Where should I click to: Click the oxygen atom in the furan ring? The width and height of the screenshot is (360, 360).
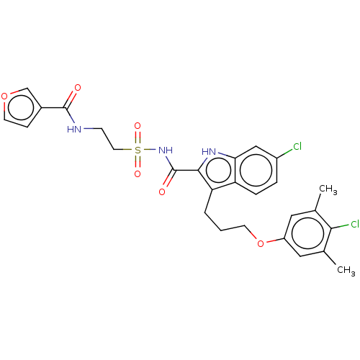click(4, 96)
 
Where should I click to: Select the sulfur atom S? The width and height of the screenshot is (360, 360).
click(138, 150)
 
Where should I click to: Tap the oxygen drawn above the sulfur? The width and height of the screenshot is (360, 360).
click(138, 126)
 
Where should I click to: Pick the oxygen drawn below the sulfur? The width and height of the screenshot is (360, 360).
click(138, 174)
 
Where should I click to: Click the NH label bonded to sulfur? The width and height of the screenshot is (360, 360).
click(166, 150)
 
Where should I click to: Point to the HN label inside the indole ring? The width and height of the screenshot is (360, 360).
click(209, 152)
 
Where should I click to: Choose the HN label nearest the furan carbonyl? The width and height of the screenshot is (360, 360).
click(74, 130)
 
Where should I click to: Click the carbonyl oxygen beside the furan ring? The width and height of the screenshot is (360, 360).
click(78, 88)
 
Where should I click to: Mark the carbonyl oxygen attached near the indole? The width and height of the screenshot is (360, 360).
click(162, 192)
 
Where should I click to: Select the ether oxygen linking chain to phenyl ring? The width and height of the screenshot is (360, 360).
click(261, 243)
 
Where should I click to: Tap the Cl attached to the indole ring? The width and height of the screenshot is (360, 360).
click(297, 146)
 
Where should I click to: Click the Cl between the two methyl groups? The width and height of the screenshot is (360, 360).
click(355, 224)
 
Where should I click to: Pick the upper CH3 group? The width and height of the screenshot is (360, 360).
click(328, 189)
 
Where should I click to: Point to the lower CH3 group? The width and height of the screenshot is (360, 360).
click(346, 270)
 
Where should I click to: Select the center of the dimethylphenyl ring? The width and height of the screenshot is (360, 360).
click(307, 233)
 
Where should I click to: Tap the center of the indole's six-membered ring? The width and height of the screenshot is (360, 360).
click(256, 170)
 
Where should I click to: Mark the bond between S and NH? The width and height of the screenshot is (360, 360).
click(150, 150)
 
